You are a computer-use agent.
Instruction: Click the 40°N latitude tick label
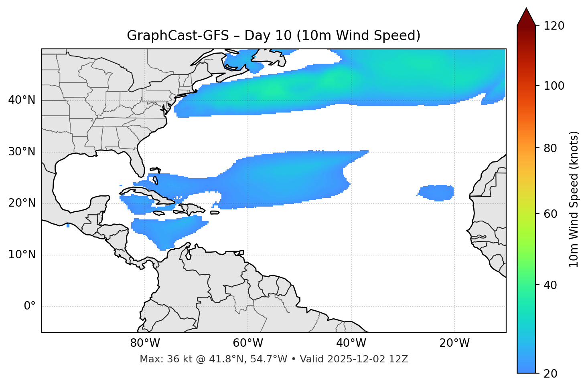tap(22, 100)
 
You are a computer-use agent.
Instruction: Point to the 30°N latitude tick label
tap(22, 152)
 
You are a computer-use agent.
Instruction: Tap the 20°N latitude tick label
tap(22, 203)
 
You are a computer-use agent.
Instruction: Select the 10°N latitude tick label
tap(22, 255)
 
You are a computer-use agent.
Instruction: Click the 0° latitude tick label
tap(30, 306)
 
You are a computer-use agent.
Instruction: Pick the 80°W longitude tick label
tap(145, 343)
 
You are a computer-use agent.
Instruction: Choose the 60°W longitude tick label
tap(248, 343)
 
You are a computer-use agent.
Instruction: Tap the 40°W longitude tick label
tap(351, 343)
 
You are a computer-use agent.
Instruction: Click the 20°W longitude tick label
tap(454, 343)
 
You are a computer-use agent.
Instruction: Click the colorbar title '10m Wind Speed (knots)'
tap(574, 199)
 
